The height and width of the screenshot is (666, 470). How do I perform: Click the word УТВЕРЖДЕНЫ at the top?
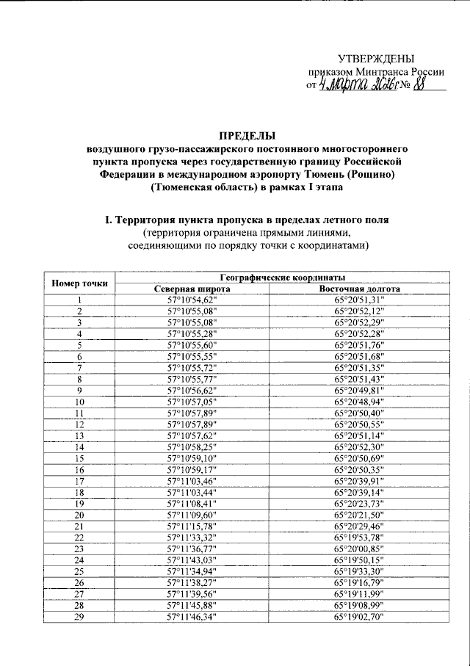[376, 59]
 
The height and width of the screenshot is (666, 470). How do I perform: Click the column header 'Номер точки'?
[80, 283]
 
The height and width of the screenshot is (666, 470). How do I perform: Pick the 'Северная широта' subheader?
[192, 289]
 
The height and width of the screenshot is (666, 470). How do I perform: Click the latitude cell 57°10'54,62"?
[192, 300]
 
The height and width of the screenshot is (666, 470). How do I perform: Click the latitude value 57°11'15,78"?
[192, 526]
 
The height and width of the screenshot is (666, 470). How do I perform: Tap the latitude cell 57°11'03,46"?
[192, 480]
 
